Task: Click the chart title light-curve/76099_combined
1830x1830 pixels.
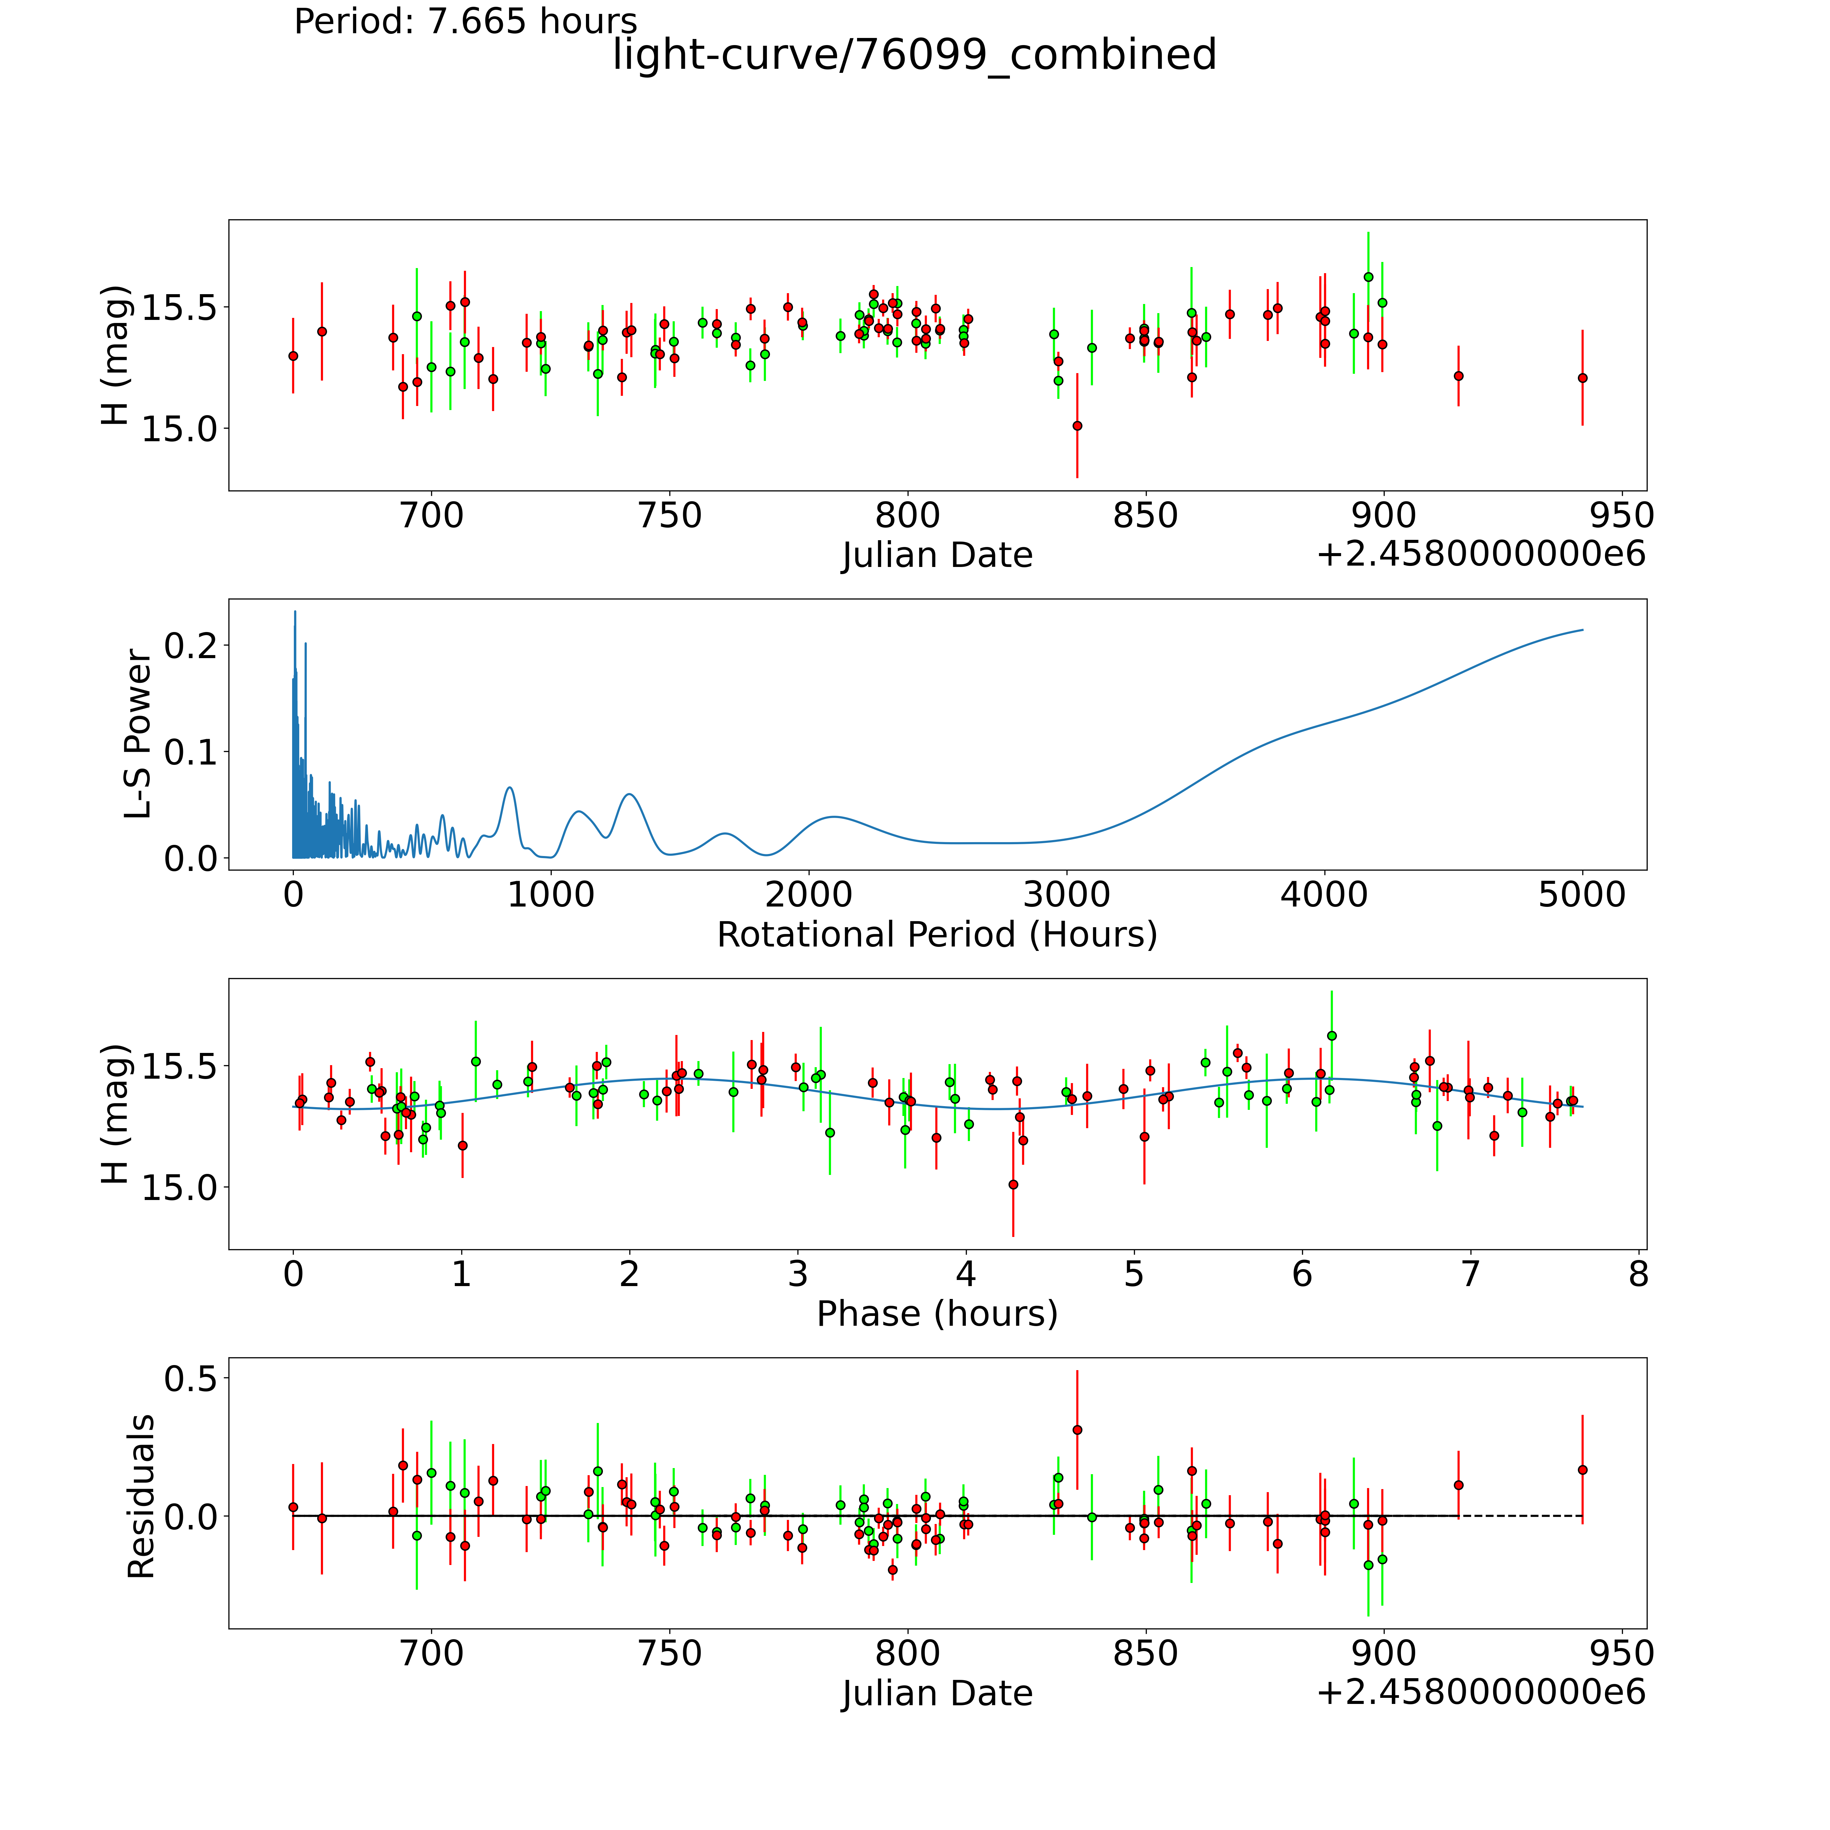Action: (x=914, y=55)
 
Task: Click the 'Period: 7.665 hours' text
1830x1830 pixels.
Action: (x=465, y=21)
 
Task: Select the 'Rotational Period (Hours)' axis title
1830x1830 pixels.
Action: (x=937, y=935)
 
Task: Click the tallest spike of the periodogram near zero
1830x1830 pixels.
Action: (x=294, y=612)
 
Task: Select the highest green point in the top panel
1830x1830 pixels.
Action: (x=1368, y=277)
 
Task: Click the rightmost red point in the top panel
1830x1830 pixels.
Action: (x=1582, y=378)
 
